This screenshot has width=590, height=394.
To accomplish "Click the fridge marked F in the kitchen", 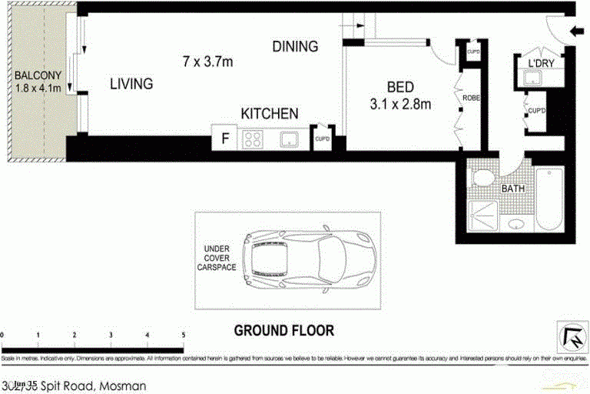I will tap(225, 139).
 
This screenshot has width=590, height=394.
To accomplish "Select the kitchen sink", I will tap(290, 139).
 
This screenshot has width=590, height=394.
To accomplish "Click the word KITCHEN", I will tap(269, 114).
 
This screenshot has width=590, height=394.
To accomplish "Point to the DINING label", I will tap(295, 47).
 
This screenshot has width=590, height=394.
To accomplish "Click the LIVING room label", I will tap(131, 84).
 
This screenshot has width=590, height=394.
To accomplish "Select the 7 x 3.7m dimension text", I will tap(207, 61).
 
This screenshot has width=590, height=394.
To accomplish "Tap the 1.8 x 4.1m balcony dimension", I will tap(36, 88).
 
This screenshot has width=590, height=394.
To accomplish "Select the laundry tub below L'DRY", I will tap(530, 78).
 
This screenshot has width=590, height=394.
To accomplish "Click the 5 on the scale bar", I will tap(183, 335).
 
